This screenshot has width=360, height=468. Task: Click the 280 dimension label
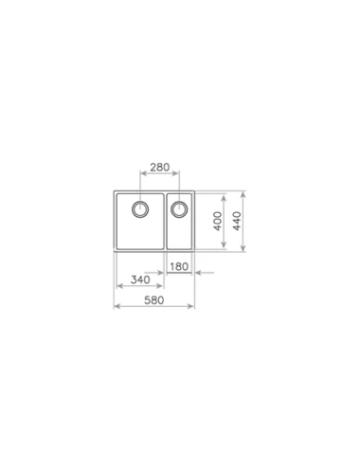159,168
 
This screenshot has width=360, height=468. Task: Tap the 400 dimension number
217,223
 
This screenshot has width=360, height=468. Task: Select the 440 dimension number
239,223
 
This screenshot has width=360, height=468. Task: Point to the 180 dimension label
181,265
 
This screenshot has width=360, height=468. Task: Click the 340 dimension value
138,280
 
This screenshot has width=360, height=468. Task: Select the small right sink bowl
180,232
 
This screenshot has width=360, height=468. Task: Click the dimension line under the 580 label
153,307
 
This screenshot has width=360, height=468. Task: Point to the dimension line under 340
138,288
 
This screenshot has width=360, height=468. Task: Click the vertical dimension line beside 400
225,223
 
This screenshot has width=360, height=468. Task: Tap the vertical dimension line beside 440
246,223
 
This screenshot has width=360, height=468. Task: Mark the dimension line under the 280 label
159,175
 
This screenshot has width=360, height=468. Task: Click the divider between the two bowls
166,224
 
